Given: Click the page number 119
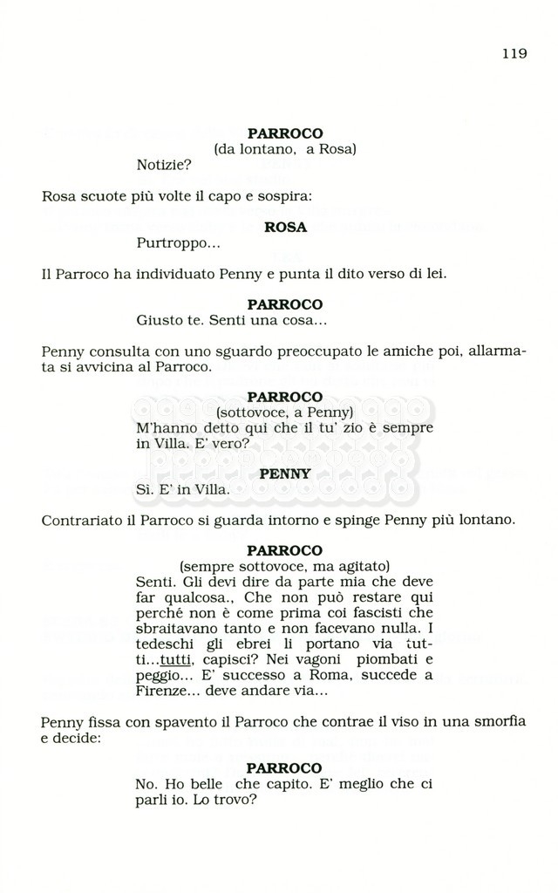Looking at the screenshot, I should coord(514,53).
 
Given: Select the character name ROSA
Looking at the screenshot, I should coord(285,227).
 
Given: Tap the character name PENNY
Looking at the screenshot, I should coord(285,473).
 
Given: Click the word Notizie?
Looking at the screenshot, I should coord(164,164).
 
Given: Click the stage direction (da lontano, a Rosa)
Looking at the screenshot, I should coord(285,149).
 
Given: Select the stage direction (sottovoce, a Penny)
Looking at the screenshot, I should coord(284,412).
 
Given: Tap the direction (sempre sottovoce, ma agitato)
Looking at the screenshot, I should coord(284,566).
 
